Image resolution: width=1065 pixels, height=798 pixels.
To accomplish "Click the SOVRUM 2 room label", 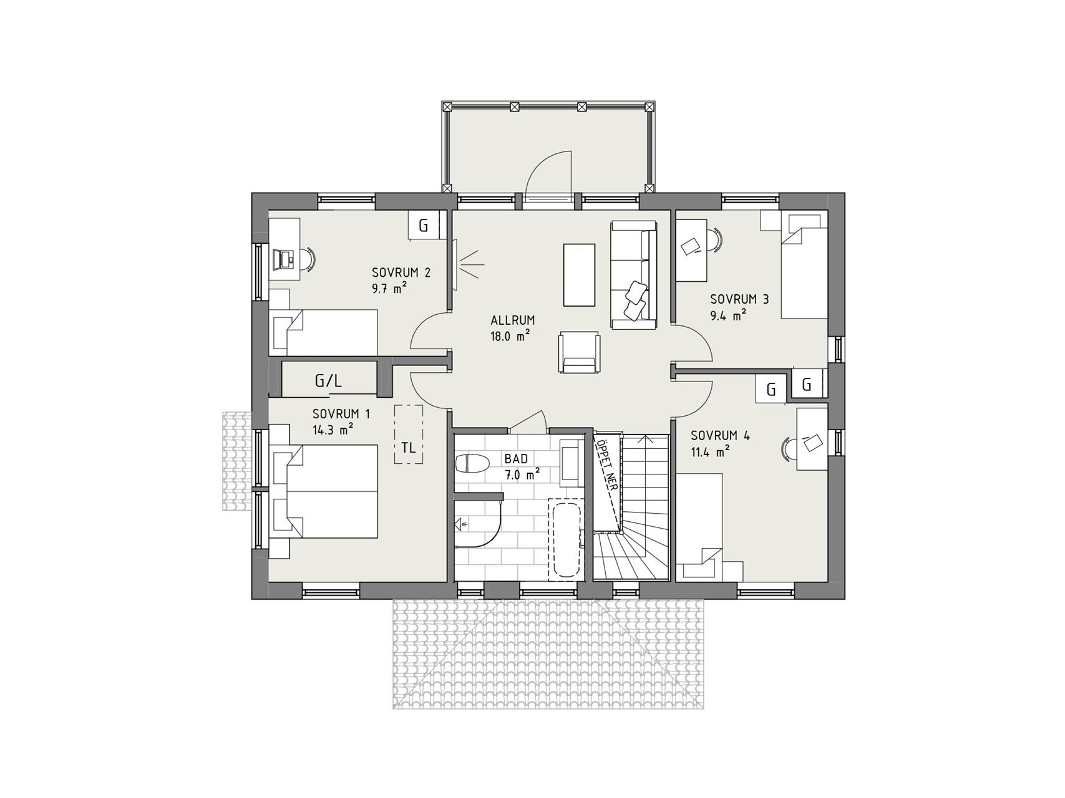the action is (401, 272).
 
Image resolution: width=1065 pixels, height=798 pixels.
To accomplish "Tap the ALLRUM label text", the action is (513, 320).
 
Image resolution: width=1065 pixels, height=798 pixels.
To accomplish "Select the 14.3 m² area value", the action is (333, 428).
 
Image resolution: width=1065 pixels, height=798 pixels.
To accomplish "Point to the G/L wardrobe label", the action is (328, 381).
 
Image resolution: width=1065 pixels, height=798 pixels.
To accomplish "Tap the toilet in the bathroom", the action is (472, 464).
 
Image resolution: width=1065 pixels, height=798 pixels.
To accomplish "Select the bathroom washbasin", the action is (570, 462).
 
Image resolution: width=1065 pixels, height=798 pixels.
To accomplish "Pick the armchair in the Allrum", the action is (580, 352).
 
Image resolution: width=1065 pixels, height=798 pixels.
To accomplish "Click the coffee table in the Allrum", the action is (580, 274).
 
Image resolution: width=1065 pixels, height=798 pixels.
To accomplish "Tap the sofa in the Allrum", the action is (634, 274).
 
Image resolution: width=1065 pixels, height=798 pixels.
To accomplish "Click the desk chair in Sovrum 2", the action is (308, 258).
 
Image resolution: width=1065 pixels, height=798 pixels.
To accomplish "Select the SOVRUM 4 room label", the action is (721, 435).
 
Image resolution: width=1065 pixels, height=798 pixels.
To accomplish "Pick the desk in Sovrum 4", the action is (813, 438).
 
